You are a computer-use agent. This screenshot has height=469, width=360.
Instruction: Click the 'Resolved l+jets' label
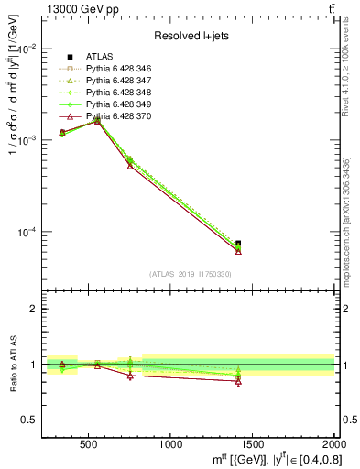coord(191,37)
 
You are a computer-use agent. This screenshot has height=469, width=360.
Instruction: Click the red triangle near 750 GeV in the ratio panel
coord(130,376)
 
